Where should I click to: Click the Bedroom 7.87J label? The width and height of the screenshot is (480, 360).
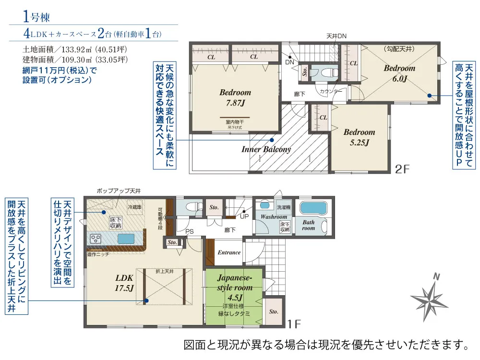(235, 97)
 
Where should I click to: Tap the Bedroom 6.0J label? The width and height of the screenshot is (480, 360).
(399, 73)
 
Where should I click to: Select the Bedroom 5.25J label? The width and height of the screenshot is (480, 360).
(359, 137)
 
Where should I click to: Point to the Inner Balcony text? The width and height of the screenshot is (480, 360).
(266, 149)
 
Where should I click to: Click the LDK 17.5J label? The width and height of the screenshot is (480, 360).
(124, 282)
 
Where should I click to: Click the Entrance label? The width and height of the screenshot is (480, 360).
(229, 252)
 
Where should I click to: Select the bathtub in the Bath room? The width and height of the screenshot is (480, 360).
(312, 209)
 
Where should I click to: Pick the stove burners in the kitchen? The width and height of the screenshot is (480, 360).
(95, 239)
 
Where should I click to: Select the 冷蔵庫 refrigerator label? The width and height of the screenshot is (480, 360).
(134, 207)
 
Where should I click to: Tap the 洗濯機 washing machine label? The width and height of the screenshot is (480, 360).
(283, 207)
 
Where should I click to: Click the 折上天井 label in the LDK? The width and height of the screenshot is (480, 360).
(164, 272)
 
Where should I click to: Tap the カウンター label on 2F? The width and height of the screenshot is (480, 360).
(331, 91)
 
